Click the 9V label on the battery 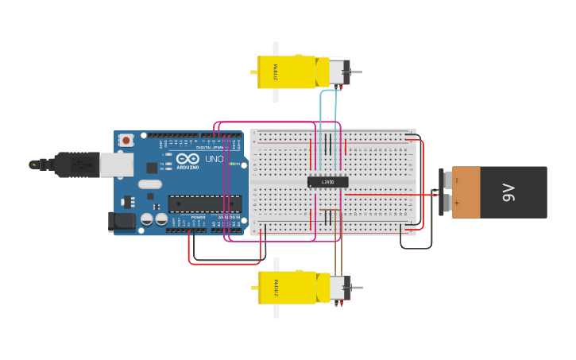[x=508, y=192]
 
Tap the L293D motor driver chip [x=327, y=182]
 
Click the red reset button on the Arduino [x=126, y=141]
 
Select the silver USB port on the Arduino [x=116, y=164]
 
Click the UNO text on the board [x=215, y=159]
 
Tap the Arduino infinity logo [x=187, y=157]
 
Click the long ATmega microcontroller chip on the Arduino [x=204, y=204]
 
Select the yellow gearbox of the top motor [x=286, y=72]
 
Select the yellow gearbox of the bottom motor [x=286, y=288]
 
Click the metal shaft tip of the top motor [x=357, y=73]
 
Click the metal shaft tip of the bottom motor [x=357, y=288]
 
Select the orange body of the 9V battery [x=466, y=192]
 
